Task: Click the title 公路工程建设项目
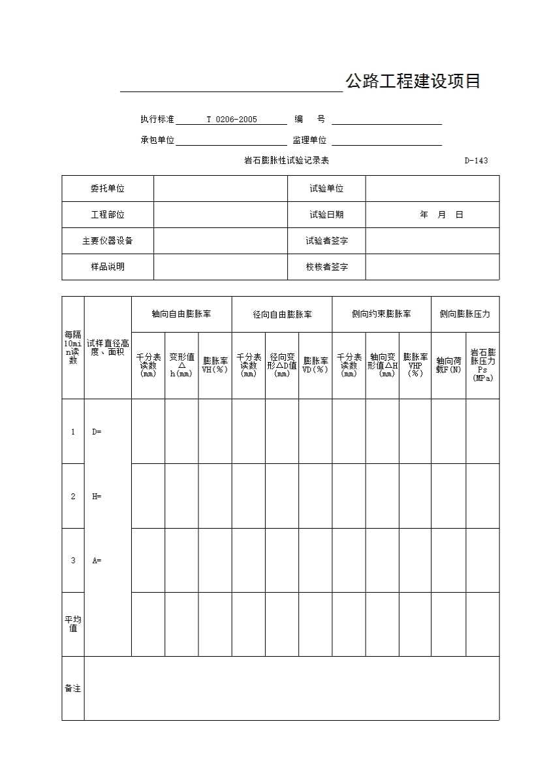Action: [x=413, y=82]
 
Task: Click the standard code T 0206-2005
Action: [x=232, y=120]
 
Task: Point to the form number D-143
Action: [x=476, y=161]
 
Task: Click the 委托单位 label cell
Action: [x=108, y=189]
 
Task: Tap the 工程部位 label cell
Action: [x=108, y=215]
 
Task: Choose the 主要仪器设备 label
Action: [x=108, y=241]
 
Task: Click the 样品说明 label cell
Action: [x=108, y=267]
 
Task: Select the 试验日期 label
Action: [x=326, y=215]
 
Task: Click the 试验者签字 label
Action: [x=326, y=241]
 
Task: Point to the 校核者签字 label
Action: [x=326, y=267]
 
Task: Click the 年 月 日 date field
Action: [x=442, y=215]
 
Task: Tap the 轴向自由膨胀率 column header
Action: [x=181, y=314]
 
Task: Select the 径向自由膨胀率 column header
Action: [x=282, y=314]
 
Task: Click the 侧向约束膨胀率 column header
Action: [x=381, y=314]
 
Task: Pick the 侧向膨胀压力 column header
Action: [x=465, y=314]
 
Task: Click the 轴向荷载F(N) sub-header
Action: [x=448, y=365]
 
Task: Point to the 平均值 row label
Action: [x=73, y=624]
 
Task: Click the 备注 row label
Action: [x=73, y=689]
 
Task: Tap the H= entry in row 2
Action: [x=97, y=497]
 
